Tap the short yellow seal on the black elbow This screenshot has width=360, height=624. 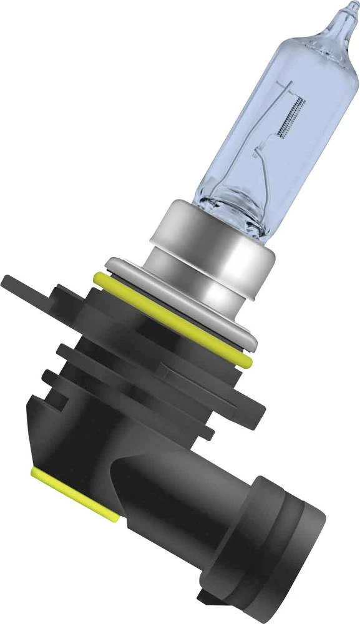[x=75, y=493]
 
